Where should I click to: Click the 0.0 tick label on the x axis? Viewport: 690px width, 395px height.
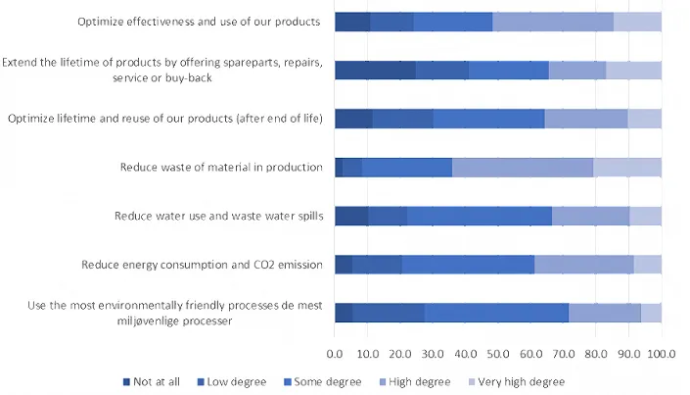click(x=335, y=354)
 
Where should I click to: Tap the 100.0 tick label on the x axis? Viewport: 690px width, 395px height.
click(x=661, y=354)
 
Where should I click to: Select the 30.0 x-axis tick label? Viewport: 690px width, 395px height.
click(x=433, y=354)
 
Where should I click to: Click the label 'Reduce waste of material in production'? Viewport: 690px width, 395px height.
click(x=221, y=167)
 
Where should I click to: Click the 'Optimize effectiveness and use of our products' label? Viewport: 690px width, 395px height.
click(x=201, y=22)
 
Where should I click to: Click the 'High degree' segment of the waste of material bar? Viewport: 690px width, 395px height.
click(x=523, y=167)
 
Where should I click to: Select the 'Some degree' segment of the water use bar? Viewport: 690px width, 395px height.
click(x=480, y=216)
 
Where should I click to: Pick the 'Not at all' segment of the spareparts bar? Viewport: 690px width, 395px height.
click(x=375, y=70)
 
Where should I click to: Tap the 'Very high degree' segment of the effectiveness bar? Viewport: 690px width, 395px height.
click(x=637, y=22)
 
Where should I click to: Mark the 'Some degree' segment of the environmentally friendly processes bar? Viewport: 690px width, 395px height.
click(x=496, y=313)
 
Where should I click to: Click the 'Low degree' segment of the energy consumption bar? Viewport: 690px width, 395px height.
click(x=377, y=264)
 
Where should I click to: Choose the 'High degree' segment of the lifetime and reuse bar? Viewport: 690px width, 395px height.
click(x=585, y=119)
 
